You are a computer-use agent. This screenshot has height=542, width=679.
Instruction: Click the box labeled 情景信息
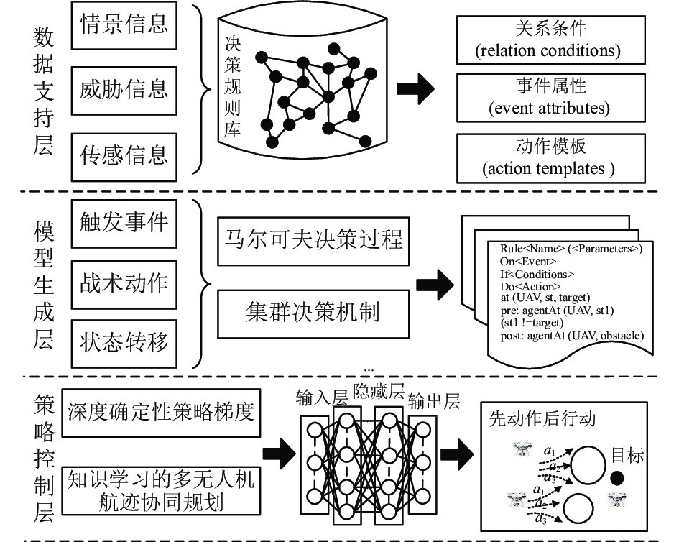pyautogui.click(x=124, y=25)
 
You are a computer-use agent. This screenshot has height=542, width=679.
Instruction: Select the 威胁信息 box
pyautogui.click(x=124, y=91)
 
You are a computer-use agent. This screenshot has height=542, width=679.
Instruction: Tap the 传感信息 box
pyautogui.click(x=124, y=157)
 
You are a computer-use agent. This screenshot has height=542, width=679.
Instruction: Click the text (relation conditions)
pyautogui.click(x=548, y=51)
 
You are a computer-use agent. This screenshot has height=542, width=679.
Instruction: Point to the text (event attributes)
pyautogui.click(x=549, y=108)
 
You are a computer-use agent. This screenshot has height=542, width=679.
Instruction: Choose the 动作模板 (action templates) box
pyautogui.click(x=551, y=158)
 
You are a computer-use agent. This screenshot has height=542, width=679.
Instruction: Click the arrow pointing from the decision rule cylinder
pyautogui.click(x=415, y=89)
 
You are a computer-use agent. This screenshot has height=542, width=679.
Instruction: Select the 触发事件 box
pyautogui.click(x=124, y=224)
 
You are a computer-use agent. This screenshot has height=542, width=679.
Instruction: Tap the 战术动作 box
pyautogui.click(x=124, y=285)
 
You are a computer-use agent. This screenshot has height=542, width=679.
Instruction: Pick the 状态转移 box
pyautogui.click(x=124, y=344)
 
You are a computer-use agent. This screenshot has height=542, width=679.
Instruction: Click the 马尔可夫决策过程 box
pyautogui.click(x=313, y=242)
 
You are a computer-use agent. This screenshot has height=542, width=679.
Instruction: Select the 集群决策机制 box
pyautogui.click(x=313, y=314)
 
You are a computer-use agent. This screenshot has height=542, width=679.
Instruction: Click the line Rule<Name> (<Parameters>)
pyautogui.click(x=571, y=249)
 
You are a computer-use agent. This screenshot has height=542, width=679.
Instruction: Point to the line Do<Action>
pyautogui.click(x=530, y=286)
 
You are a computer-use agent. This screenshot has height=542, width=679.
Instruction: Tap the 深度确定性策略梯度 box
pyautogui.click(x=161, y=413)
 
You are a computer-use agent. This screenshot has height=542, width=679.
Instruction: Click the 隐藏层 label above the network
pyautogui.click(x=379, y=391)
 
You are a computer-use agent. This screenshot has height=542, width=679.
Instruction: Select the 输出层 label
pyautogui.click(x=434, y=402)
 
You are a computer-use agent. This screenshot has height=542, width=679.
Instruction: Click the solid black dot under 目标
pyautogui.click(x=617, y=478)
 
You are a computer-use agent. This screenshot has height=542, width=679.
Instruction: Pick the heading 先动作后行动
pyautogui.click(x=542, y=419)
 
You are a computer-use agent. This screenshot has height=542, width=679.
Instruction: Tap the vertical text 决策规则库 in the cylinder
pyautogui.click(x=233, y=87)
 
